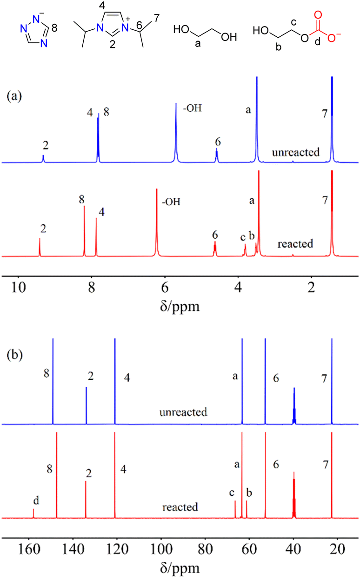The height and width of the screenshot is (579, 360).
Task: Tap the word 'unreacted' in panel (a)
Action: (296, 152)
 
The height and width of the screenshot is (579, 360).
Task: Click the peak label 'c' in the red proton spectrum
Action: (242, 237)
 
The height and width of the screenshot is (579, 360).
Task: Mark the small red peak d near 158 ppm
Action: (33, 513)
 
